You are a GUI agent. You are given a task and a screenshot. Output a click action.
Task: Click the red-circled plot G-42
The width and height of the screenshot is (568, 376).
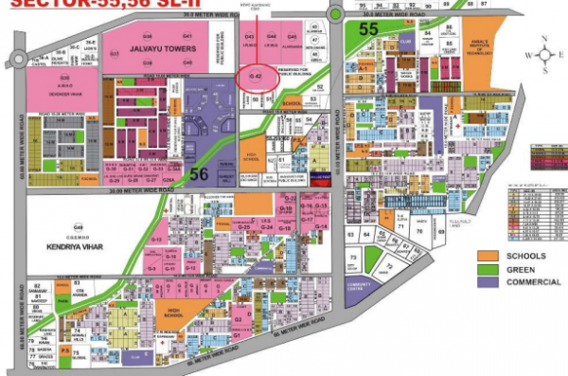[255, 75]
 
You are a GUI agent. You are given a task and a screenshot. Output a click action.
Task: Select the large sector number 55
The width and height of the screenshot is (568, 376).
[369, 29]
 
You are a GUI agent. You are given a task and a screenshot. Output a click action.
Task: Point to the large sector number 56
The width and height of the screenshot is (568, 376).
[199, 173]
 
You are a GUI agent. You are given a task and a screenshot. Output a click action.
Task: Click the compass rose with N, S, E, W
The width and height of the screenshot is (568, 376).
[547, 54]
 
